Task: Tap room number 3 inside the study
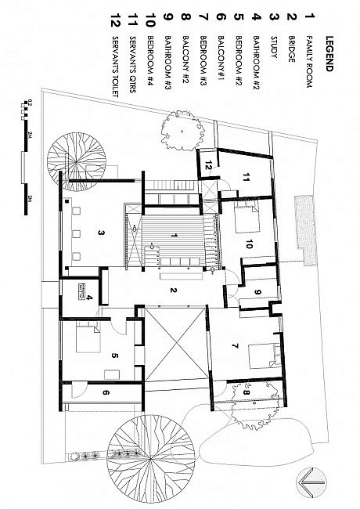(x=102, y=233)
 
